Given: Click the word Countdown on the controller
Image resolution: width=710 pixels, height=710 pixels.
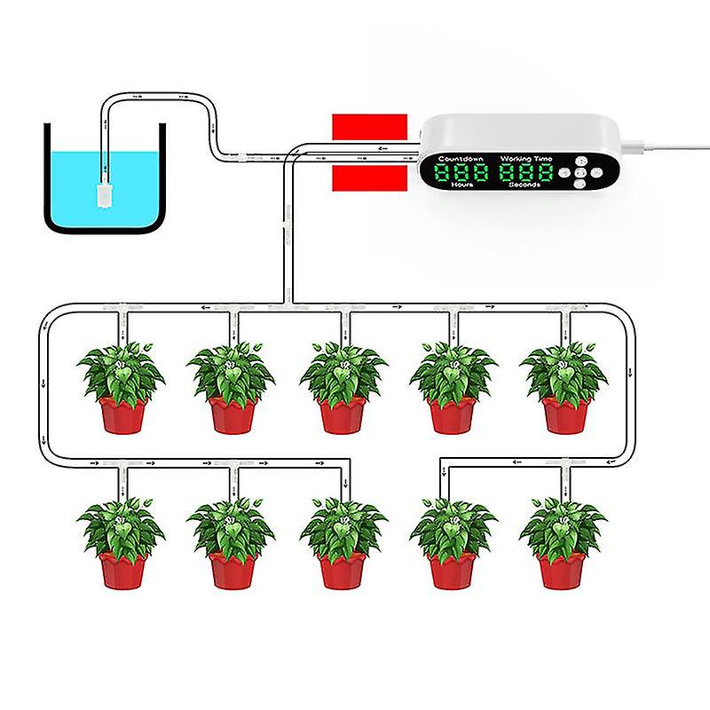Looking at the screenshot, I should [460, 157].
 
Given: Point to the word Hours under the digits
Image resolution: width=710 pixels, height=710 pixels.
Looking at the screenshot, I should [462, 187].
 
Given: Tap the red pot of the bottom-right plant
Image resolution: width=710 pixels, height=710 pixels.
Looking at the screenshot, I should [562, 570].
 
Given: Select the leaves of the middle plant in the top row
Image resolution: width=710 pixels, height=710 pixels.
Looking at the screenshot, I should [343, 373].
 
